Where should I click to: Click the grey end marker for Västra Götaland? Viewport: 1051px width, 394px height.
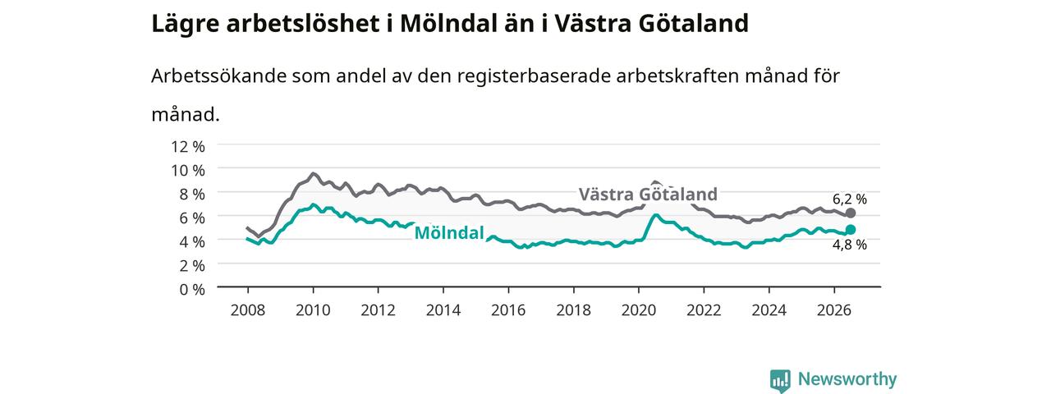[x=850, y=213]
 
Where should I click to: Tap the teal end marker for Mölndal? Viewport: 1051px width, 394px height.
[x=850, y=229]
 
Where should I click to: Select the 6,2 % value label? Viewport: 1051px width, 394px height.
[x=850, y=199]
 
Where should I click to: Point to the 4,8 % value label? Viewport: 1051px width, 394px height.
[x=850, y=245]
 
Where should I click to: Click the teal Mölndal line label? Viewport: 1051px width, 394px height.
[x=449, y=232]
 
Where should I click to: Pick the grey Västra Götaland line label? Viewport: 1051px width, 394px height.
[x=648, y=195]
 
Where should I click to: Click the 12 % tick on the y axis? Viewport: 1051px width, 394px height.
[x=188, y=147]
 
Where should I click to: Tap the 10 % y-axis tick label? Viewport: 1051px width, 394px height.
[x=188, y=171]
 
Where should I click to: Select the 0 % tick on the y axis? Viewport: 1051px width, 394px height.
[x=192, y=290]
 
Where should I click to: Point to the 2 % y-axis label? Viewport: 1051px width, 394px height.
[x=192, y=266]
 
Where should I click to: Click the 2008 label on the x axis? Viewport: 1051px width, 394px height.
[x=248, y=310]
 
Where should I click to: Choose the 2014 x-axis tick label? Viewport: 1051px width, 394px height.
[x=443, y=310]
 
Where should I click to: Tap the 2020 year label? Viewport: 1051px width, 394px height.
[x=639, y=310]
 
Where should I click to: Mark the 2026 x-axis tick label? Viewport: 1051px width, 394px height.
[x=834, y=310]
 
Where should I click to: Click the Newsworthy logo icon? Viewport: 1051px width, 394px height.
[x=780, y=380]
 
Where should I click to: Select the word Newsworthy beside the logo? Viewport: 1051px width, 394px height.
[x=847, y=379]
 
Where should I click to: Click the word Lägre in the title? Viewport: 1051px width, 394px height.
[x=186, y=24]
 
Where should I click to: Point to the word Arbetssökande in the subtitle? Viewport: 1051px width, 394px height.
[x=218, y=76]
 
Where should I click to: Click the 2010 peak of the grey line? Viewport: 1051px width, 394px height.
[x=313, y=173]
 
